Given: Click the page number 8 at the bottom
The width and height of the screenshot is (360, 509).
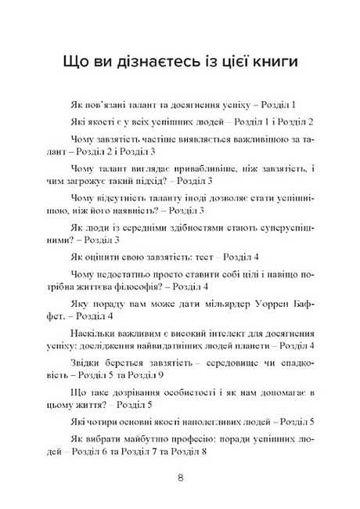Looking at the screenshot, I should point(180,478).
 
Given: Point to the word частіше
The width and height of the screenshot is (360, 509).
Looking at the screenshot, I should point(153,139).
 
